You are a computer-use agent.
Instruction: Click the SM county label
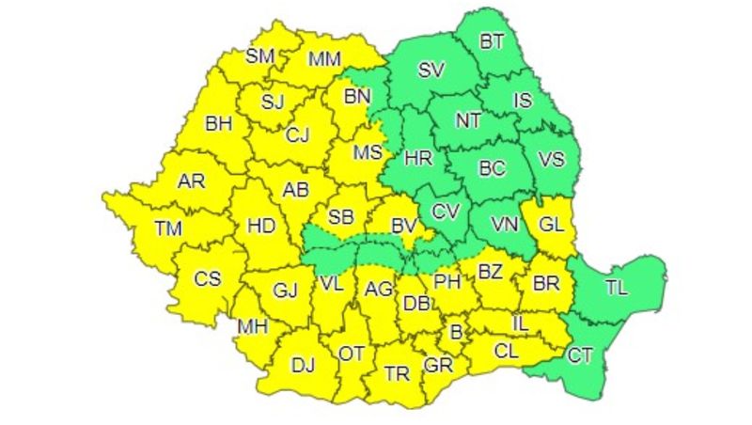(x=259, y=56)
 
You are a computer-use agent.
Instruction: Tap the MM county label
(x=325, y=59)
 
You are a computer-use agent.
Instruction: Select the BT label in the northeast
(x=492, y=41)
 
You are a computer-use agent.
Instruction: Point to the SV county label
(x=431, y=70)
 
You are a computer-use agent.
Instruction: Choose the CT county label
(x=580, y=354)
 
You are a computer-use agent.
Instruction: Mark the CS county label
(x=207, y=278)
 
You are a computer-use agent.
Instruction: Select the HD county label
(x=259, y=225)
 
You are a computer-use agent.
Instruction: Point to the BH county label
(x=218, y=122)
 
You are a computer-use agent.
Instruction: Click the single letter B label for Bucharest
(x=458, y=331)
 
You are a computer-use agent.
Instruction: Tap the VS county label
(x=552, y=159)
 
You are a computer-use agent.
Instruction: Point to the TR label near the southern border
(x=397, y=373)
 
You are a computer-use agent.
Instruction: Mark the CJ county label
(x=297, y=135)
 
